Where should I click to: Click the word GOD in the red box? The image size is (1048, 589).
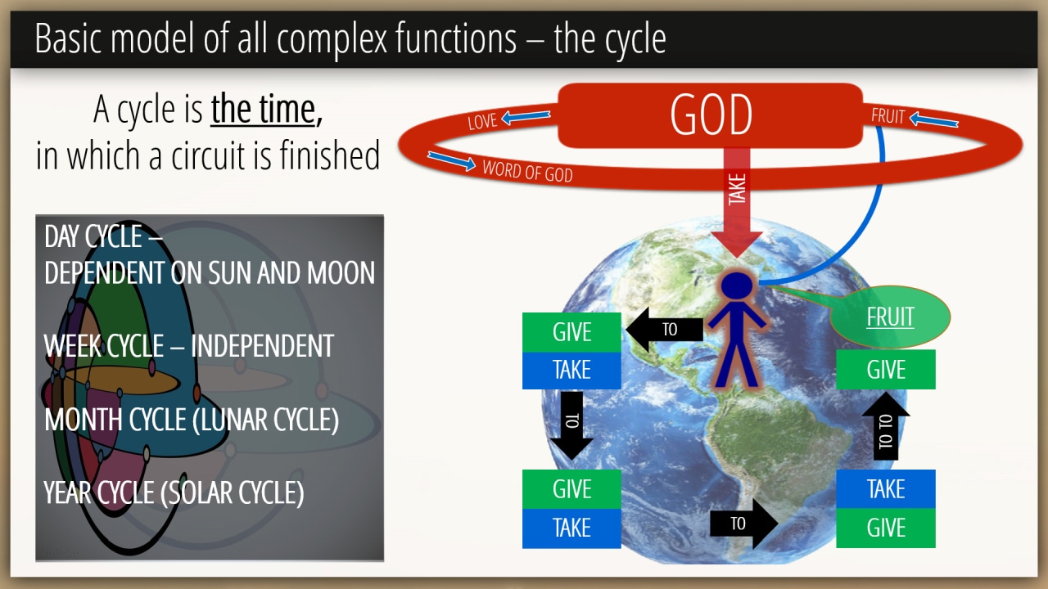tap(711, 115)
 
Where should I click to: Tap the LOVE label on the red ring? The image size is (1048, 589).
tap(482, 122)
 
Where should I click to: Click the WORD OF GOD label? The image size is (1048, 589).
tap(528, 171)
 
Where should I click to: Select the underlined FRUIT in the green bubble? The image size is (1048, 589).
tap(890, 317)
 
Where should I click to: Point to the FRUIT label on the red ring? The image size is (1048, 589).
tap(888, 116)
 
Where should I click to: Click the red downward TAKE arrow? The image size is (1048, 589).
tap(737, 202)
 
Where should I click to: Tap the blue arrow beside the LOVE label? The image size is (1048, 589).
tap(526, 117)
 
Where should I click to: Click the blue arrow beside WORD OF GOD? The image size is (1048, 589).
tap(451, 161)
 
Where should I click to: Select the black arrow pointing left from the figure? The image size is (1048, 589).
tap(664, 329)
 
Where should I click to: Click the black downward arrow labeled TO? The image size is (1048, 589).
tap(571, 425)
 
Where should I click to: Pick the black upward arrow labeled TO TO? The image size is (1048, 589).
tap(886, 425)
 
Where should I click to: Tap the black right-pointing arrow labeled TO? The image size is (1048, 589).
tap(744, 524)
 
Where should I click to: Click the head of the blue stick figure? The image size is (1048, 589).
tap(737, 286)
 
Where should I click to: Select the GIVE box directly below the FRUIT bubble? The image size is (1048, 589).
tap(886, 369)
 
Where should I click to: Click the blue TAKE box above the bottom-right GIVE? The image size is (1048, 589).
tap(886, 489)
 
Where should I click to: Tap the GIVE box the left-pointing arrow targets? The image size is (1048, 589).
tap(571, 332)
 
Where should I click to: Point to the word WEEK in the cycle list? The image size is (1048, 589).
tap(73, 346)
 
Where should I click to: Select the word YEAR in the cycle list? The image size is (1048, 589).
tap(67, 492)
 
